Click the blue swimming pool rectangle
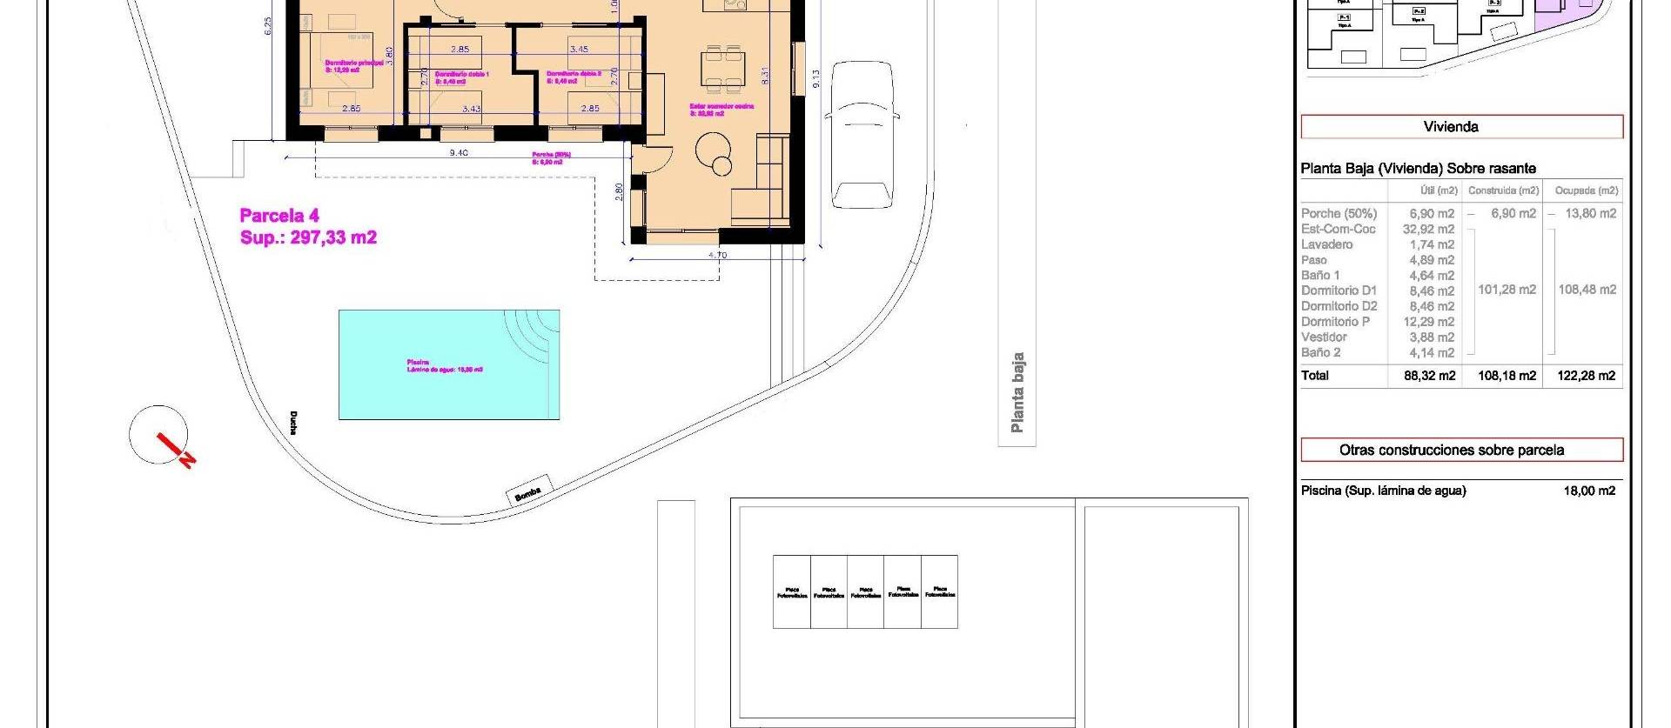[x=448, y=364]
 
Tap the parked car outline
[x=862, y=134]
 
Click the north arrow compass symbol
[x=161, y=436]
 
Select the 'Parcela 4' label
[x=279, y=216]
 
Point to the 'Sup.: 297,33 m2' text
[x=308, y=237]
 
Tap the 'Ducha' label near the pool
[x=293, y=423]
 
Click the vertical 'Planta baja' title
[x=1017, y=392]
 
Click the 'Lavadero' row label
[x=1326, y=244]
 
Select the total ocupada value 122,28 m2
[x=1587, y=376]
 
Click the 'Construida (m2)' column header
[x=1503, y=190]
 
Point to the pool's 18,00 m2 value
[x=1589, y=491]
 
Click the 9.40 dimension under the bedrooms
[x=459, y=153]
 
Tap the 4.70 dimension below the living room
[x=717, y=255]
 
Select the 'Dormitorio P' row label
[x=1335, y=322]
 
